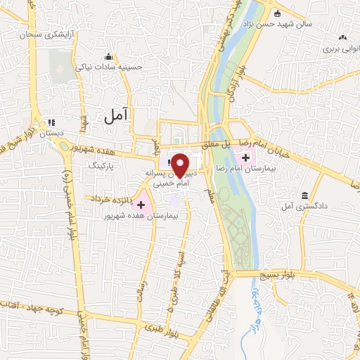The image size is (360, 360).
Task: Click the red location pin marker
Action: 180,165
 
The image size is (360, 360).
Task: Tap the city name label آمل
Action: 117,117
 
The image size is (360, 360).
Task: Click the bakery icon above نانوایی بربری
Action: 342,37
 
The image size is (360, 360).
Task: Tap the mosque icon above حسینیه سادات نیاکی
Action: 108,56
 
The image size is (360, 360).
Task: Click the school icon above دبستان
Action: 51,121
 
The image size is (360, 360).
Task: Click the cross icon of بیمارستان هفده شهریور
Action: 142,205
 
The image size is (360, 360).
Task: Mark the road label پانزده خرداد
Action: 105,200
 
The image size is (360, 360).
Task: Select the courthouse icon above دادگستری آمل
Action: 304,195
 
